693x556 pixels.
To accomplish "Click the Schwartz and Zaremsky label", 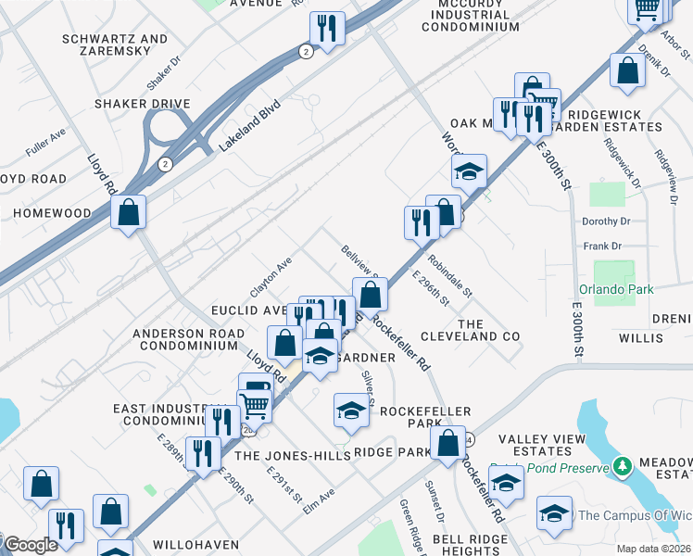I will [115, 45].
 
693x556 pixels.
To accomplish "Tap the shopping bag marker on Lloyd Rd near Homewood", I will [128, 212].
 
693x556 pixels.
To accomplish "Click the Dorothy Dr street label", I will [607, 221].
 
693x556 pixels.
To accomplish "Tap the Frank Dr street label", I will [602, 246].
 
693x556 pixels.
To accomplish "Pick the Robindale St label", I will [449, 276].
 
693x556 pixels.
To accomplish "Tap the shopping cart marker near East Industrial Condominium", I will [254, 404].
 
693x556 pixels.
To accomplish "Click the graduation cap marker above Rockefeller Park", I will [351, 410].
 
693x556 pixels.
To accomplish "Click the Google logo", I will [31, 546].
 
